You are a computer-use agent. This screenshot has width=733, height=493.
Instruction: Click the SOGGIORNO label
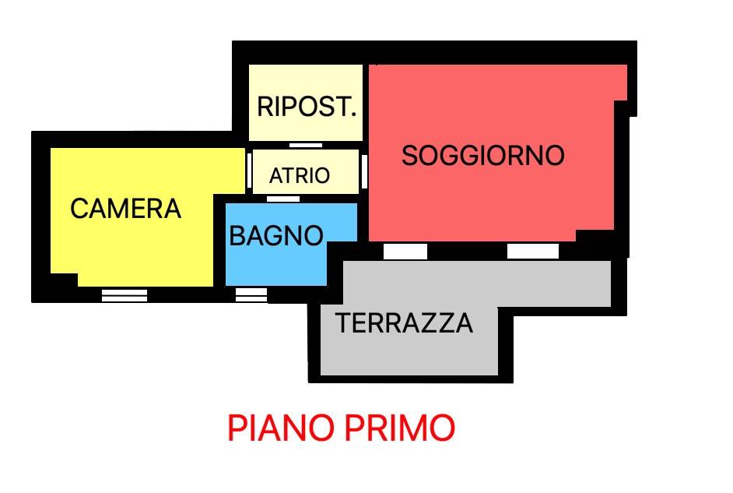pos(482,156)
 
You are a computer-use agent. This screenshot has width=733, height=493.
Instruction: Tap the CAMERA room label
pos(125,209)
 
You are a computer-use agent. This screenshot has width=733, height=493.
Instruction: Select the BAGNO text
pos(276,235)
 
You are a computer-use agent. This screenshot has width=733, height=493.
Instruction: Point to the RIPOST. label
pos(307,107)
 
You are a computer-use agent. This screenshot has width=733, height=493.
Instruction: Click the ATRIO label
pos(300,176)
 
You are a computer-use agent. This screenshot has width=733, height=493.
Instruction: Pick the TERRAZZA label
pos(404,322)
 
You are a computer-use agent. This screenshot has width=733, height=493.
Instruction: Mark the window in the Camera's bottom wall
pos(125,295)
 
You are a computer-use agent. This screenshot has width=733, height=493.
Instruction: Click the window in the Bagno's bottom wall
pos(251,294)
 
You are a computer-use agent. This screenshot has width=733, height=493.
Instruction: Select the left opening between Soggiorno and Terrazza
pos(405,252)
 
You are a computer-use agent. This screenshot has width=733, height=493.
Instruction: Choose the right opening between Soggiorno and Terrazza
pos(533,252)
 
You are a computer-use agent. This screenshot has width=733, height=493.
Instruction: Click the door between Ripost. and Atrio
pos(305,146)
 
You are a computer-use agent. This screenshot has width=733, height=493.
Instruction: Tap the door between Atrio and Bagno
pos(282,199)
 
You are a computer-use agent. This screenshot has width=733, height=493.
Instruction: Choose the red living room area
pos(498,202)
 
